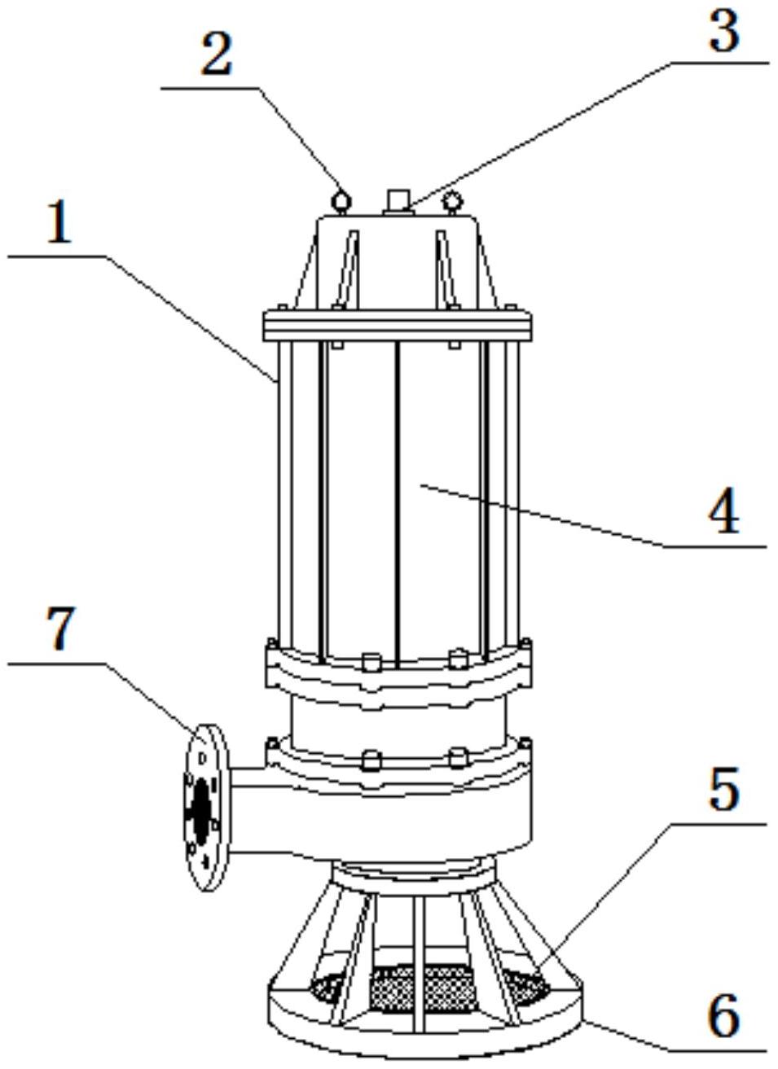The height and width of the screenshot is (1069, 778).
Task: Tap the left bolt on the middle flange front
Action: pyautogui.click(x=371, y=663)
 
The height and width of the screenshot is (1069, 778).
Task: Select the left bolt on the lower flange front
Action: pyautogui.click(x=371, y=760)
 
